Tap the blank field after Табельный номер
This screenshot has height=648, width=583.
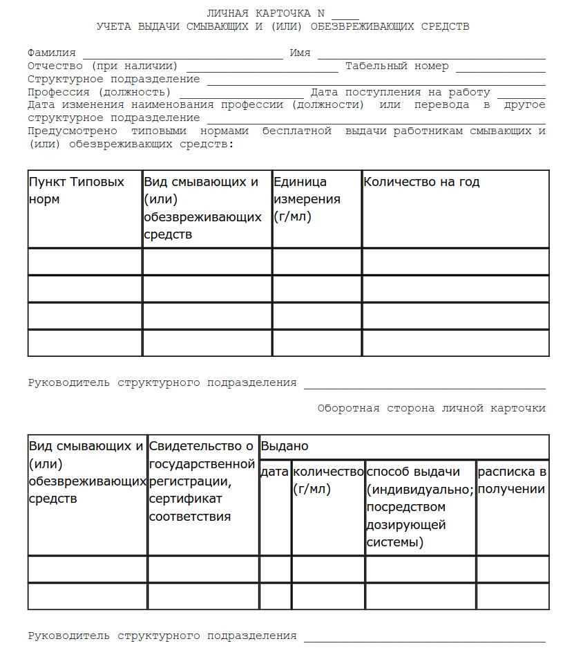tap(500, 68)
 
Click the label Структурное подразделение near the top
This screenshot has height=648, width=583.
tap(114, 80)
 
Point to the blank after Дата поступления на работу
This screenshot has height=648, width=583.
tap(521, 93)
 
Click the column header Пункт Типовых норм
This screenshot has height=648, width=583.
tap(77, 191)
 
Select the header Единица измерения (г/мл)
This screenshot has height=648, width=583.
tap(307, 199)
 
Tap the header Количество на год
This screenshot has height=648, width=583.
tap(421, 183)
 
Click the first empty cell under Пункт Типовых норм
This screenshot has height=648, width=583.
tap(85, 261)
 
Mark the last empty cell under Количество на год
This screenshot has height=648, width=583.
tap(455, 343)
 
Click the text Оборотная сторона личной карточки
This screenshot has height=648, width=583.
tap(431, 408)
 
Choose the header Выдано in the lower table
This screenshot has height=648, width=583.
tap(285, 447)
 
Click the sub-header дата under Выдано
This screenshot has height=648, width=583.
tap(275, 472)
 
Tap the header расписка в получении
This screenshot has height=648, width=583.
tap(512, 481)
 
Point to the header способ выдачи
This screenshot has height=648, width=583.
tap(413, 472)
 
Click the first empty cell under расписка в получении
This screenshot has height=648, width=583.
tap(513, 569)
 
